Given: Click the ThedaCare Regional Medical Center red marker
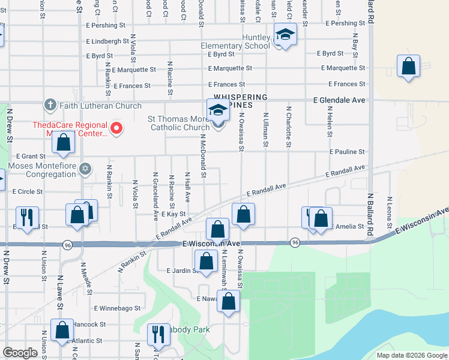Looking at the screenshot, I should pyautogui.click(x=118, y=128).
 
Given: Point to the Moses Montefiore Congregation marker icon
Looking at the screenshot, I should pyautogui.click(x=86, y=169).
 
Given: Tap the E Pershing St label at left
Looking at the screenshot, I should pyautogui.click(x=106, y=26).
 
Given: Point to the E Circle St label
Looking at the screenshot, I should pyautogui.click(x=28, y=192).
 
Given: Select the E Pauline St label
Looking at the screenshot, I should pyautogui.click(x=347, y=152).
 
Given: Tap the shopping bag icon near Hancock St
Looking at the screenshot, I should pyautogui.click(x=62, y=331).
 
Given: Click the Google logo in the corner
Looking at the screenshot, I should pyautogui.click(x=20, y=353).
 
